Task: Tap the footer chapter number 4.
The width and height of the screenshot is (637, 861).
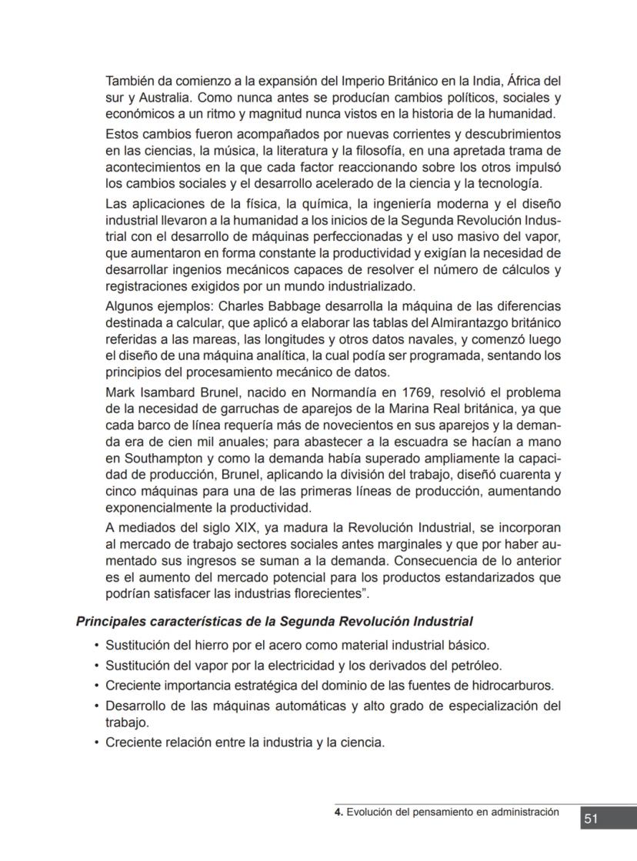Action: (x=338, y=812)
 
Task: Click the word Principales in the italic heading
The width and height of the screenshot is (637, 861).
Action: (x=108, y=621)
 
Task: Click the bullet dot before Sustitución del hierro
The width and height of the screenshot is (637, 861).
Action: (x=96, y=645)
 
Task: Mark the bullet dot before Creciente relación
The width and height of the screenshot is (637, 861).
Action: (x=96, y=743)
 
